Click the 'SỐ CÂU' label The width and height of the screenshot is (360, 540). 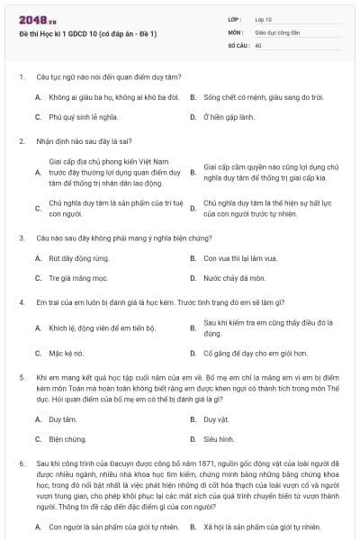[238, 44]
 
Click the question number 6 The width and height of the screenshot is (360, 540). [21, 463]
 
